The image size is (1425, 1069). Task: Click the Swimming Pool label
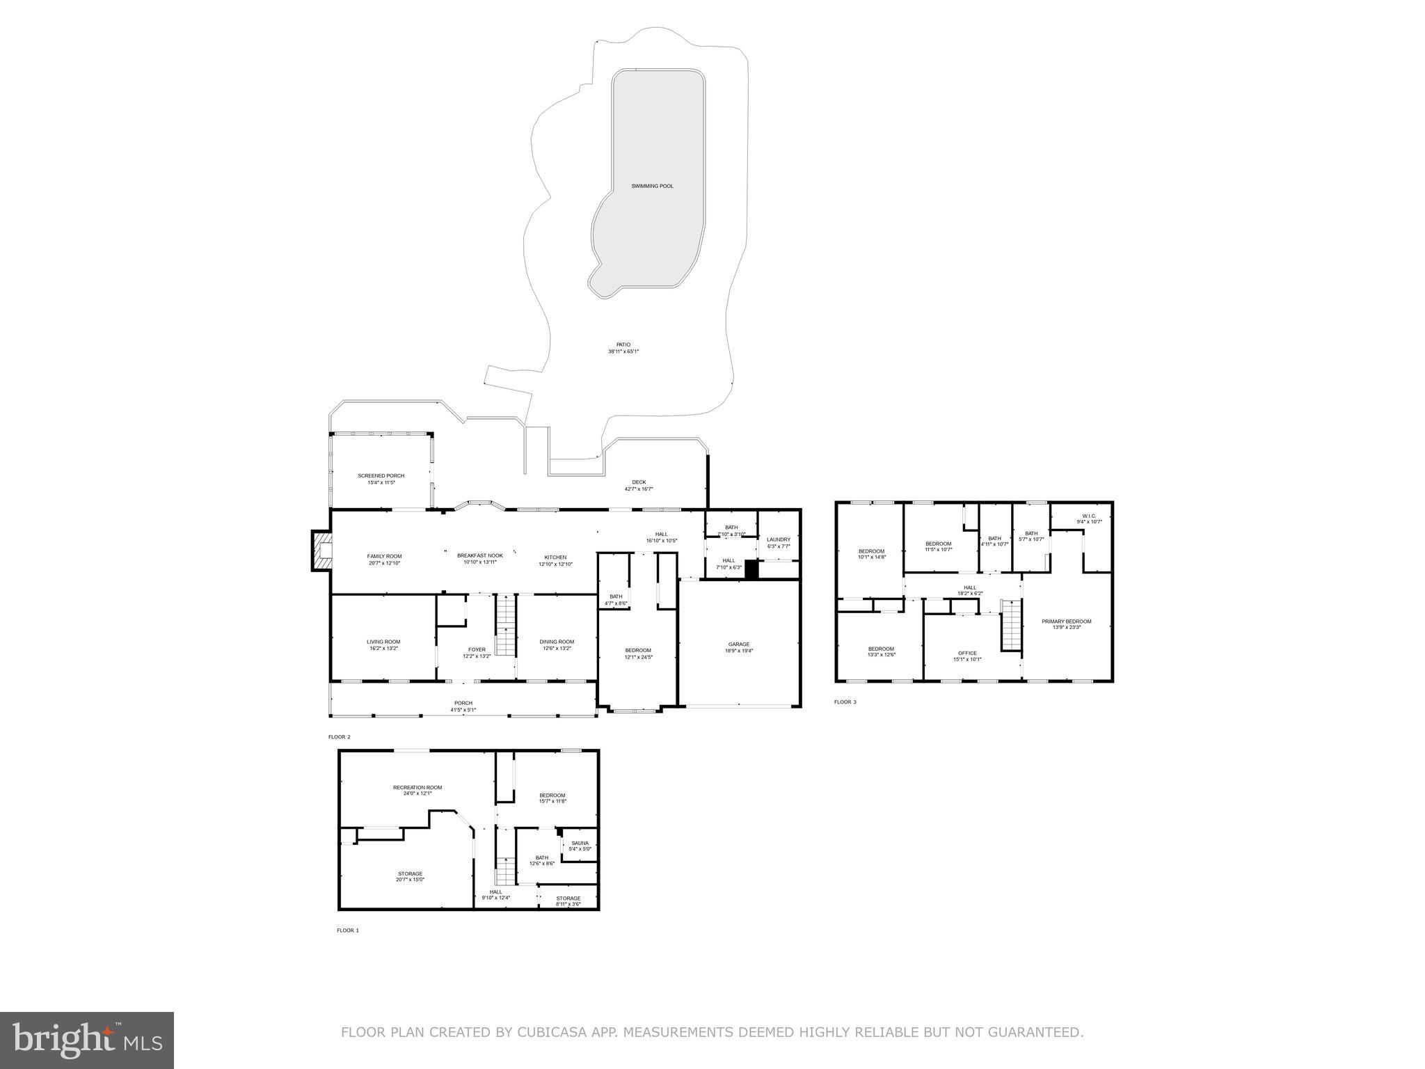652,187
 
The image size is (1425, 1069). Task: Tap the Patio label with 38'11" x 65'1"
623,348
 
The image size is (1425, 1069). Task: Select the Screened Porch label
381,479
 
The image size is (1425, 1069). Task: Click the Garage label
739,647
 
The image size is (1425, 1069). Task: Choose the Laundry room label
778,542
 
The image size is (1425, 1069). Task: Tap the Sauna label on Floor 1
580,846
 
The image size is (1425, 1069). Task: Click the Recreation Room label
417,790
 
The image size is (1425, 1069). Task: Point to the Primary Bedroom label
1066,624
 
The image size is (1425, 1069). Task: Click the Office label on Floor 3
967,656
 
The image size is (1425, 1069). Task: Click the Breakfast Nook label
479,558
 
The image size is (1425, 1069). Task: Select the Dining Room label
557,644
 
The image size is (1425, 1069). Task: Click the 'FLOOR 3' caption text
845,702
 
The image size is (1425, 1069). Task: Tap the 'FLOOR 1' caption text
347,931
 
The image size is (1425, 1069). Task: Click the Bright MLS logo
87,1040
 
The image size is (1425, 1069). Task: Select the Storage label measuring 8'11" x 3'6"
568,901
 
